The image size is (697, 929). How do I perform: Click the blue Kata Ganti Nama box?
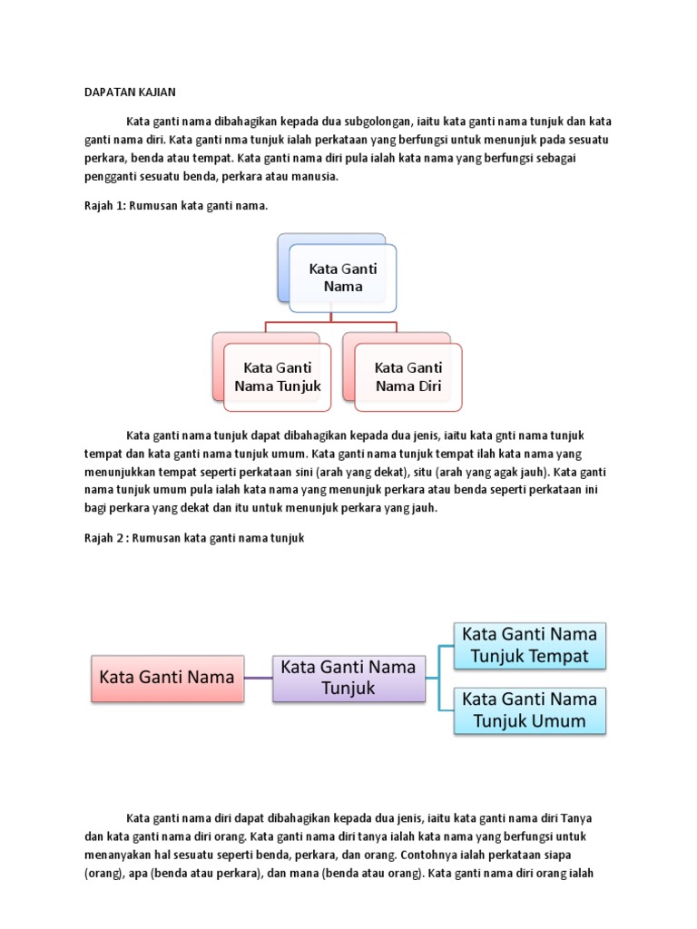click(342, 277)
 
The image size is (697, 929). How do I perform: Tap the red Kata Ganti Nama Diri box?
click(408, 376)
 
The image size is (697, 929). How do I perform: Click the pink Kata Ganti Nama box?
click(167, 678)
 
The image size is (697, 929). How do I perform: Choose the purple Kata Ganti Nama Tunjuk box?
click(348, 678)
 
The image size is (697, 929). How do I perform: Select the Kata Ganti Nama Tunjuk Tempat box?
click(530, 644)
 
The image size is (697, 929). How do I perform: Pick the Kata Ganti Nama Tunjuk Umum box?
click(530, 710)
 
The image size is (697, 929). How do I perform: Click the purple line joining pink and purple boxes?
click(259, 678)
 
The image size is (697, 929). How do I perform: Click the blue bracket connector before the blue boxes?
click(439, 678)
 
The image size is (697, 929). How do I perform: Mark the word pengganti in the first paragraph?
click(111, 177)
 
